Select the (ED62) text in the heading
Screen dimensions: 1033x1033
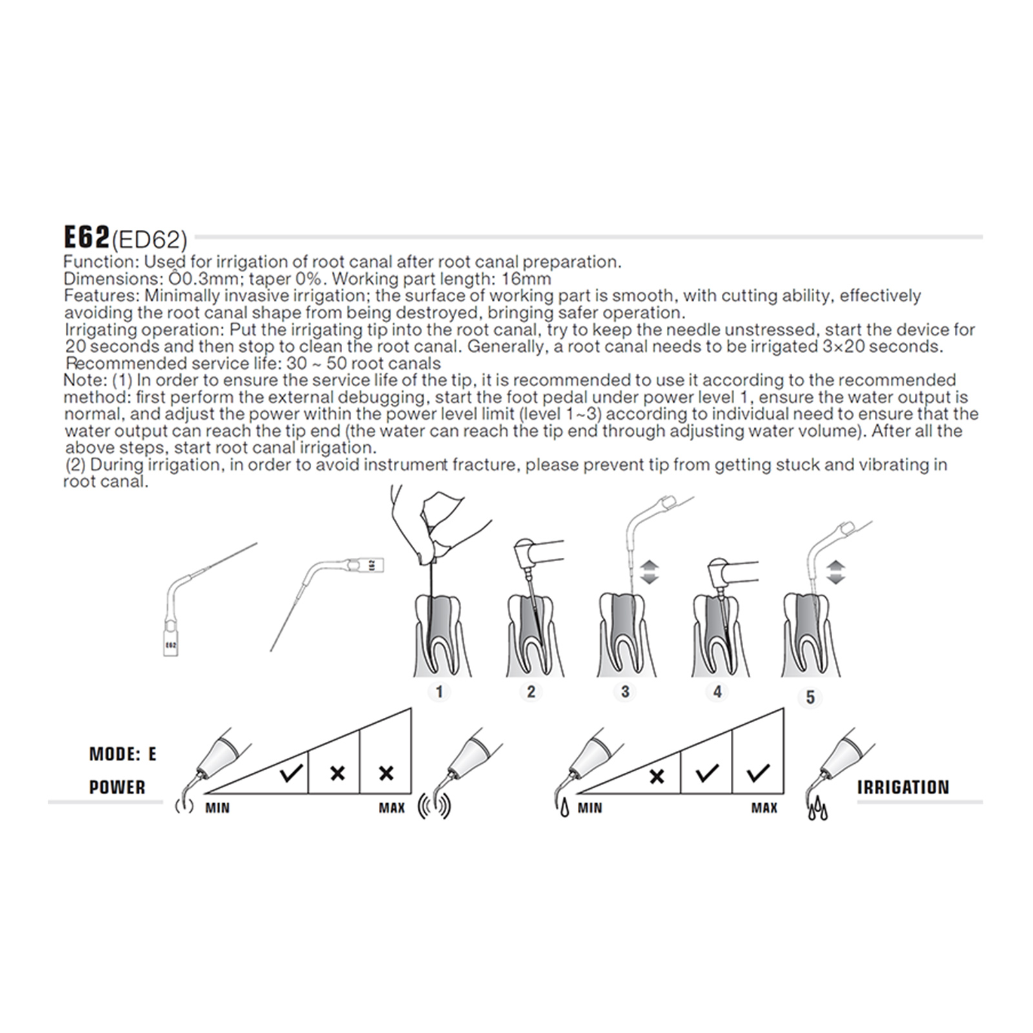pos(149,240)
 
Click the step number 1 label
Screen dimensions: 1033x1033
pos(439,692)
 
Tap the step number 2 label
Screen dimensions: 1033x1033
pos(531,692)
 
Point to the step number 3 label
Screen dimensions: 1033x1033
pos(625,692)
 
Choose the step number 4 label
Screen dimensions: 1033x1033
pos(717,692)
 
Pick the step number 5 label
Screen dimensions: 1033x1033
pos(810,697)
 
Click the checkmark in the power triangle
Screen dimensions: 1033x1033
pos(291,772)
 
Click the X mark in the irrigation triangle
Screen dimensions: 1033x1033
pos(657,776)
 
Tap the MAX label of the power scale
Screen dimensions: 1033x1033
pos(391,808)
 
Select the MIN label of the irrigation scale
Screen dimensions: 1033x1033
pos(589,808)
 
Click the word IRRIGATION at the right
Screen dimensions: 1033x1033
pos(903,787)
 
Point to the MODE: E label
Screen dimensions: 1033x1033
pos(123,754)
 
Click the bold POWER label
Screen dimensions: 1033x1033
pos(117,787)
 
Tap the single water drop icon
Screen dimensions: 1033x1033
pos(564,808)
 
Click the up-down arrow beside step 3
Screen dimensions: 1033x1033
pos(649,572)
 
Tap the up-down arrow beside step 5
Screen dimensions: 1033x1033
pos(836,572)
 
